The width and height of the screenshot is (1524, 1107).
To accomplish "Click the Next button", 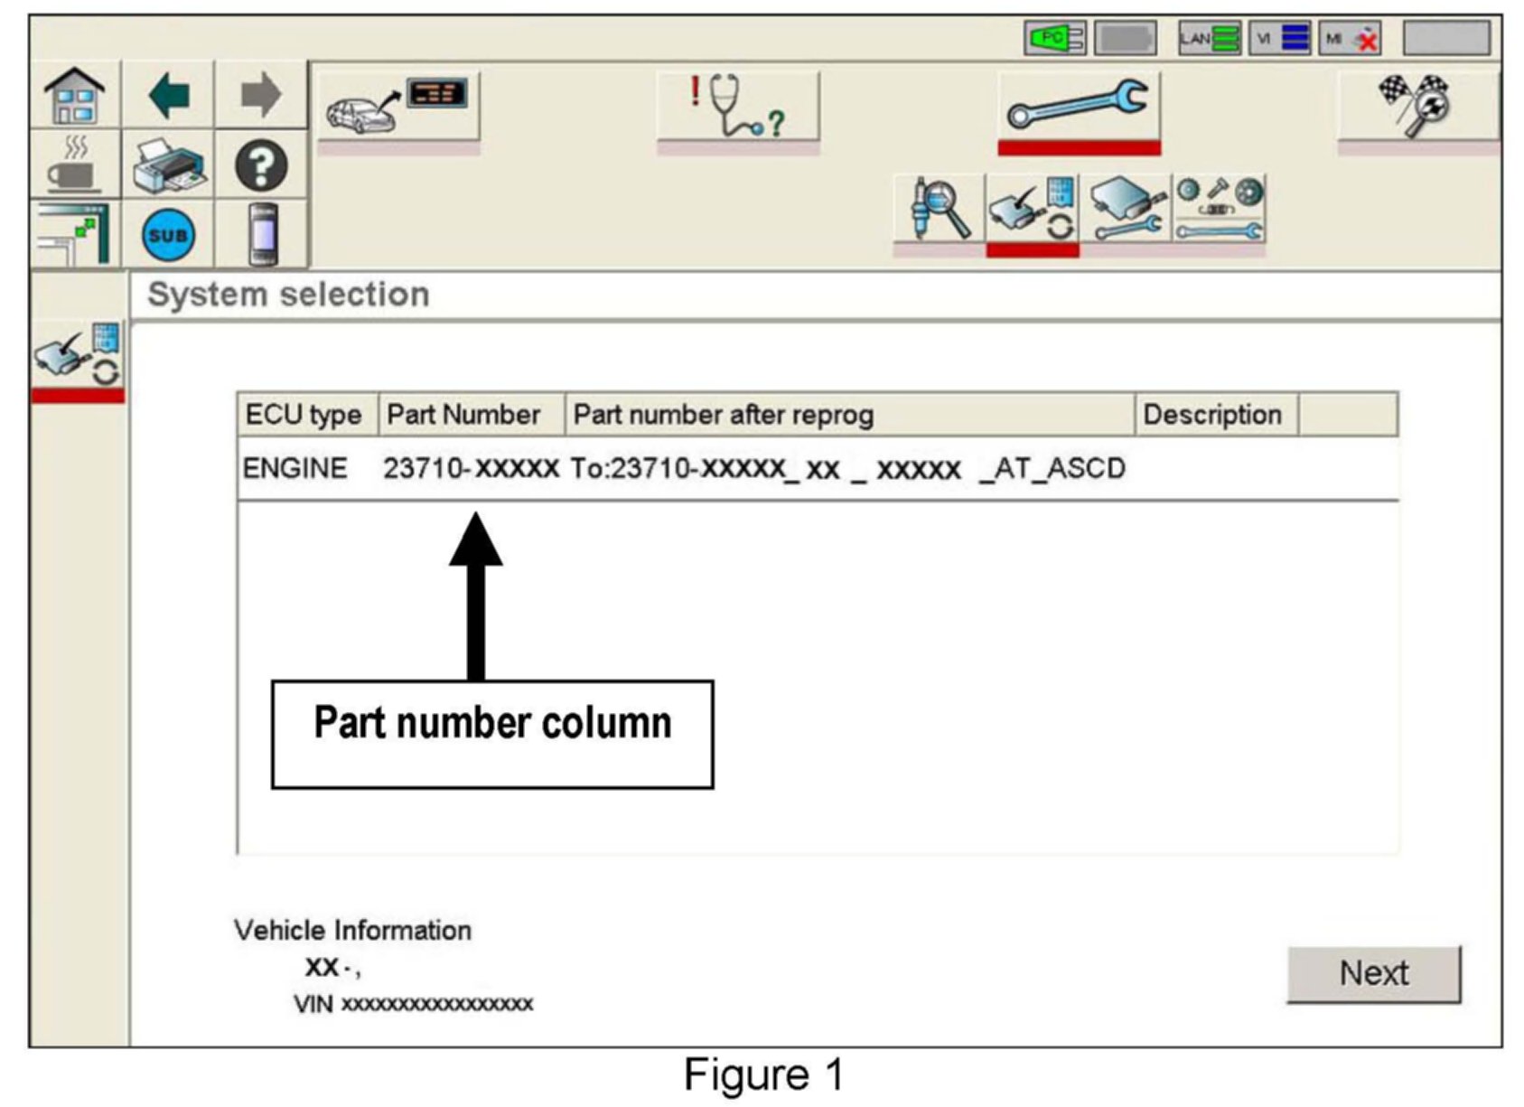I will [1372, 973].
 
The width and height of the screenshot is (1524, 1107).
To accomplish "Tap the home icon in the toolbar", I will [75, 96].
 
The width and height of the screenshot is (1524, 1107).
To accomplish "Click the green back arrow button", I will [169, 96].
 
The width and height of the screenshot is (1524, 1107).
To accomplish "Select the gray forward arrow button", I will [261, 96].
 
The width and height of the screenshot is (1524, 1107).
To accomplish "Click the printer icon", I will [169, 166].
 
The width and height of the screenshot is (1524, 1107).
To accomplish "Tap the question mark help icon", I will [261, 166].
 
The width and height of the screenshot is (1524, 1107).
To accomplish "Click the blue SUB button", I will [168, 235].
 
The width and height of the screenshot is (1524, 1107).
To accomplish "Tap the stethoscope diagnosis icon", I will [737, 107].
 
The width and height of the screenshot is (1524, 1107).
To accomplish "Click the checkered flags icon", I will [1416, 105].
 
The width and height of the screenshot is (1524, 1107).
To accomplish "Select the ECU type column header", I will [304, 415].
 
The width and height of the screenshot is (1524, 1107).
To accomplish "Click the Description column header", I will [1212, 415].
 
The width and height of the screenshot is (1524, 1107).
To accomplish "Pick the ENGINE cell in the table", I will [295, 469].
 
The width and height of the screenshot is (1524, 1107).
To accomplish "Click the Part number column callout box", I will [492, 734].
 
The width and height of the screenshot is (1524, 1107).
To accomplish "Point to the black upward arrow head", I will [476, 540].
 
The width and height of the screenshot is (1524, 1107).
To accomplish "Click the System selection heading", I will [288, 295].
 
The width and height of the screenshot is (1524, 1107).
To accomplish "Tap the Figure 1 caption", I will [763, 1074].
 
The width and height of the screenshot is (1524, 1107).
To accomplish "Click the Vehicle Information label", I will [352, 930].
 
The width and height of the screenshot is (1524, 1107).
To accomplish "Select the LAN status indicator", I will [1209, 38].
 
